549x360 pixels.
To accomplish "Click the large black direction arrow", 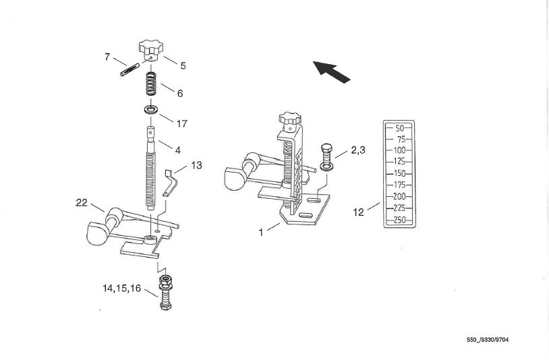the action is coord(331,71).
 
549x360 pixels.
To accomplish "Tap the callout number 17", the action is coord(181,124).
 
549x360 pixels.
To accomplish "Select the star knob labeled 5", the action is coord(150,51).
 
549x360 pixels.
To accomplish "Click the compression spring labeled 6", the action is coord(151,84).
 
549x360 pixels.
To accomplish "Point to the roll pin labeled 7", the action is coord(130,69).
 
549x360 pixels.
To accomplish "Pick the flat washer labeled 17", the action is coord(151,109).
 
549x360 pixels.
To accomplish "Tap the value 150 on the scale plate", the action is coord(399,173).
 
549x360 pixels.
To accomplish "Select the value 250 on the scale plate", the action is coord(399,220).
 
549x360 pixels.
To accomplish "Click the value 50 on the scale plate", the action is coord(399,128).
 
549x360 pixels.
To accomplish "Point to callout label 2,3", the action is coord(358,150).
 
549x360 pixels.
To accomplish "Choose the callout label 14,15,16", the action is coord(121,289).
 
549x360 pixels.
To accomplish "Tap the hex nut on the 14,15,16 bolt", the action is coord(165,279).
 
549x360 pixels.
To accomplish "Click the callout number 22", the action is coord(82,202).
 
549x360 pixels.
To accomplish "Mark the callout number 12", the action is coord(359,212).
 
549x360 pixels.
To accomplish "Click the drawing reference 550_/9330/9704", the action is coord(488,340).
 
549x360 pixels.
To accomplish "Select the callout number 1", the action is coord(261,233).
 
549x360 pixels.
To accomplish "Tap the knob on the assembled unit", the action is coord(290,119).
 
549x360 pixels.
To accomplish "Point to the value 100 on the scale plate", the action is coord(399,150).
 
